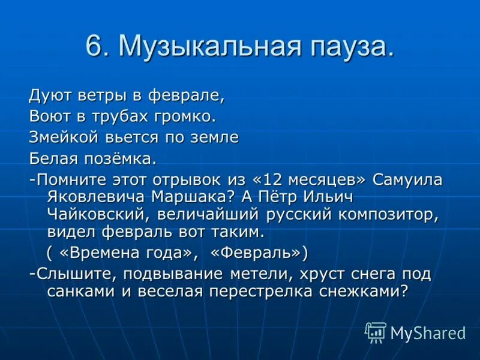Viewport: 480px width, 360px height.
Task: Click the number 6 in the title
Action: tap(94, 47)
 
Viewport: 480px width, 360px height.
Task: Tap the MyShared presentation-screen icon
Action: tap(376, 332)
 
